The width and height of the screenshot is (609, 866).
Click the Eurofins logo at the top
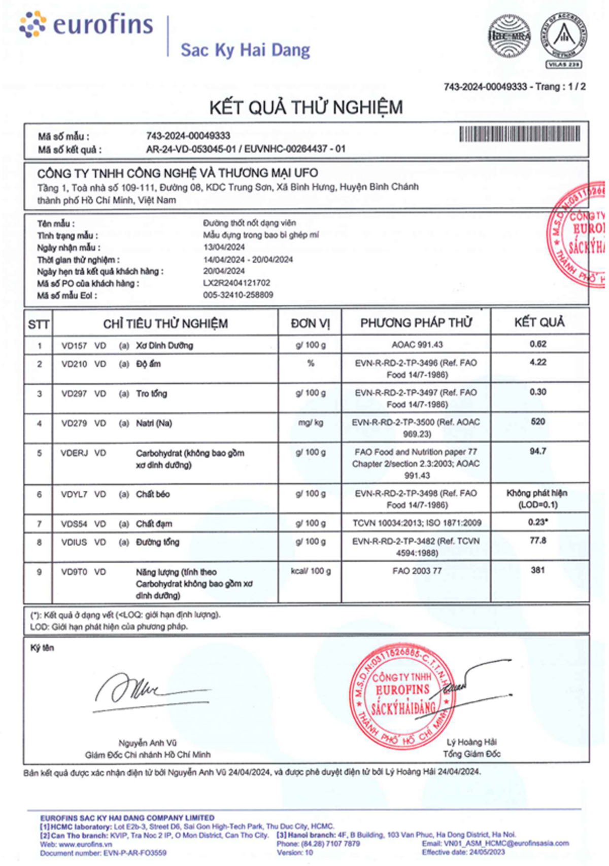click(86, 25)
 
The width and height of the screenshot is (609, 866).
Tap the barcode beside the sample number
click(520, 134)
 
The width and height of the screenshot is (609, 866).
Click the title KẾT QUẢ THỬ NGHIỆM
click(306, 107)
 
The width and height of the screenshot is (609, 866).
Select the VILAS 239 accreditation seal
click(563, 41)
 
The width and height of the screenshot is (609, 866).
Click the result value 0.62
click(538, 344)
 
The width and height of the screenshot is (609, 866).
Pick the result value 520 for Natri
click(538, 422)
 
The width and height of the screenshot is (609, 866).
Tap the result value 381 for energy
click(538, 570)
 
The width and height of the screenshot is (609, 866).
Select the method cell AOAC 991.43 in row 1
click(417, 345)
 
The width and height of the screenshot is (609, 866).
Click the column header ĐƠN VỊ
click(310, 323)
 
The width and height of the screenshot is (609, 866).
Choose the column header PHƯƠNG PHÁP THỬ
click(416, 323)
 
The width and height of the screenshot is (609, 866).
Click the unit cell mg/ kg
click(311, 422)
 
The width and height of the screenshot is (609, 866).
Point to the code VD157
click(74, 346)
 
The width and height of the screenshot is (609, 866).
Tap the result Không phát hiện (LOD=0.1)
click(537, 499)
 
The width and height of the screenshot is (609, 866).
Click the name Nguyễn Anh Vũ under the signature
click(148, 743)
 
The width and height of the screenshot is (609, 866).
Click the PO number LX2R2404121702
click(236, 283)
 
